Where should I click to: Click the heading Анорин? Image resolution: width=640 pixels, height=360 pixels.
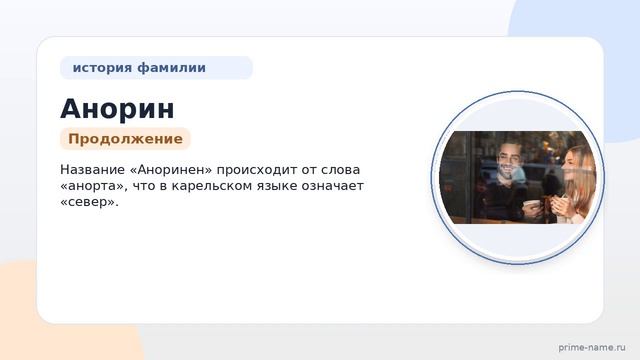[x=117, y=109]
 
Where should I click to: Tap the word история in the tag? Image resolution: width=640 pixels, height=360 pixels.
[x=102, y=68]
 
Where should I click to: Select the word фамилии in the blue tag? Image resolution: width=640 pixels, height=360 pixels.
[x=171, y=68]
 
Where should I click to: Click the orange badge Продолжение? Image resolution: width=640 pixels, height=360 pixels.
[x=125, y=139]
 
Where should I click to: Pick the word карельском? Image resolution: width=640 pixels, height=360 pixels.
[x=213, y=186]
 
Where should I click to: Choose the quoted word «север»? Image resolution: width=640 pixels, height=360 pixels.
[x=89, y=202]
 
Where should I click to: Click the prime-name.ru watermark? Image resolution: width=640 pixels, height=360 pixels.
[x=592, y=347]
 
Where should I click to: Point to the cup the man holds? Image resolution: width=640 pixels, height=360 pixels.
[x=531, y=207]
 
